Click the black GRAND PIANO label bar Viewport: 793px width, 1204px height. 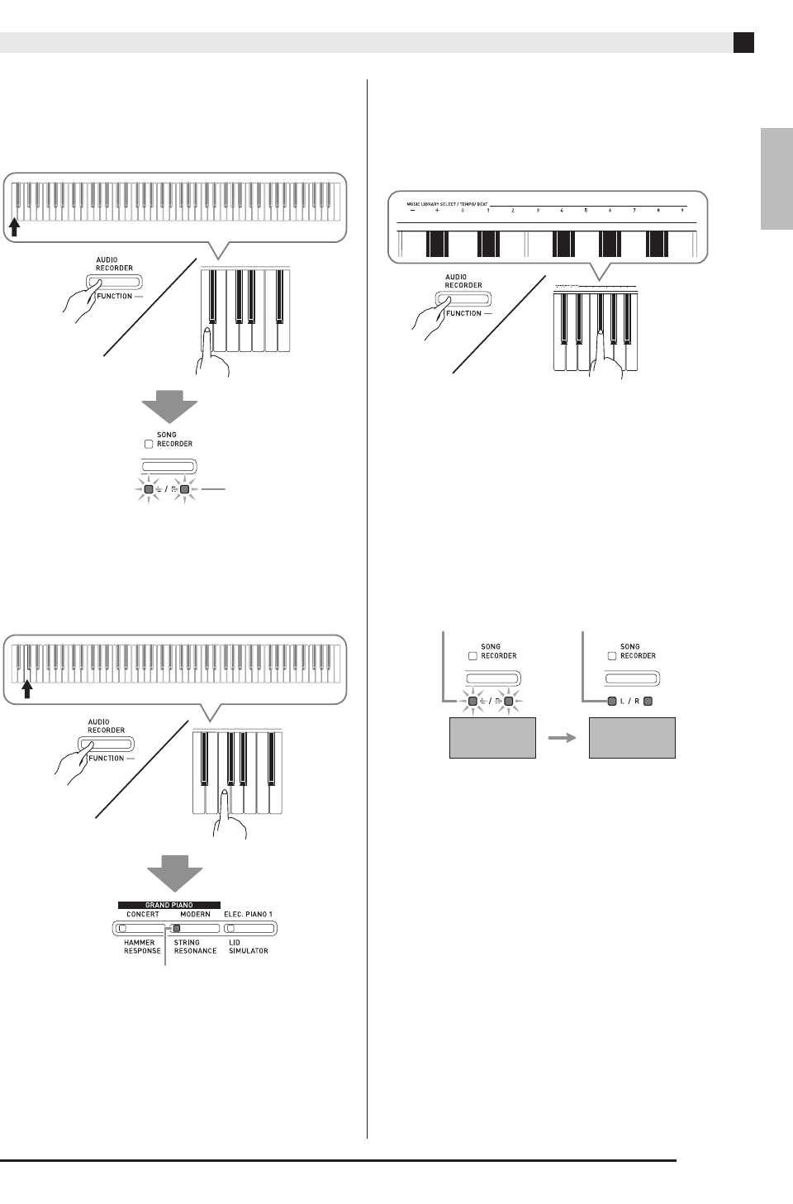[169, 905]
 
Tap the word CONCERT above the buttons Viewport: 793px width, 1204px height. [143, 914]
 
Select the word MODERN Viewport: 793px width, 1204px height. [195, 914]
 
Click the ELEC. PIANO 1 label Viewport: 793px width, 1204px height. [248, 914]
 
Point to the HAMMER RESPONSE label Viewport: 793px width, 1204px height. [142, 946]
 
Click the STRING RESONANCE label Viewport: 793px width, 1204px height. [195, 946]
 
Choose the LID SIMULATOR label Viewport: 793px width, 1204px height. [248, 946]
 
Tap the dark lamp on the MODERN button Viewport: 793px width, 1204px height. [176, 928]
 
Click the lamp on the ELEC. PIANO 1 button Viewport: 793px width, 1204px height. [230, 928]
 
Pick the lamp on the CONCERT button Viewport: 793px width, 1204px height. [121, 928]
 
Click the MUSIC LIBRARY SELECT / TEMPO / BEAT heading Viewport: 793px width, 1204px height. [446, 203]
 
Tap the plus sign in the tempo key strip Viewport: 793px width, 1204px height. [437, 212]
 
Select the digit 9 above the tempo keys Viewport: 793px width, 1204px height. [682, 212]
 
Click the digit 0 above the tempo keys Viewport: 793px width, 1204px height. [463, 212]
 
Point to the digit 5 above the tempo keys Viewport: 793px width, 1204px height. [586, 212]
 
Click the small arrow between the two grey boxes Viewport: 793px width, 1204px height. [563, 738]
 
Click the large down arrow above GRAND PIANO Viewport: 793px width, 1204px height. [174, 872]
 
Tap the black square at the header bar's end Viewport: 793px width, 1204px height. [743, 42]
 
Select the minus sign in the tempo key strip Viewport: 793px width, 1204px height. [412, 212]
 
